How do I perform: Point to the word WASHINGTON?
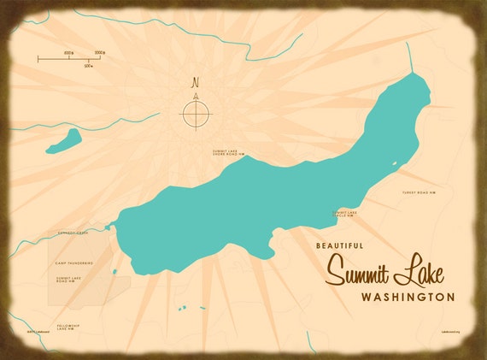[x=408, y=298]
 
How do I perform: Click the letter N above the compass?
[x=196, y=83]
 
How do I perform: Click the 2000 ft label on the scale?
[x=99, y=53]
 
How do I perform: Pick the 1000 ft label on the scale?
[x=67, y=53]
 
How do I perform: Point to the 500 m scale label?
[x=89, y=65]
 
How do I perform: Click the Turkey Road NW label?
[x=419, y=193]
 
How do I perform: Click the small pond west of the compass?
[x=65, y=141]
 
